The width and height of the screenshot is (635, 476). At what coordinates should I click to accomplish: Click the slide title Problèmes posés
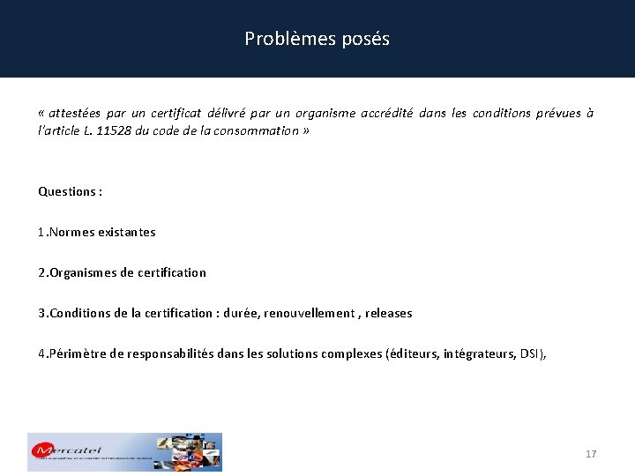[317, 39]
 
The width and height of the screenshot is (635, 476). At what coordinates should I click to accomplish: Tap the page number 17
[591, 454]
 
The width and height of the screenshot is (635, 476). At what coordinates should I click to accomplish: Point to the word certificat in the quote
[176, 113]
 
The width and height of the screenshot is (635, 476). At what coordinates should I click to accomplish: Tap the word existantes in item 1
[127, 233]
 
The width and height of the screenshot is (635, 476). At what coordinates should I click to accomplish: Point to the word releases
[388, 314]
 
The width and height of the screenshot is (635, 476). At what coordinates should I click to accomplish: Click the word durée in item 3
[240, 314]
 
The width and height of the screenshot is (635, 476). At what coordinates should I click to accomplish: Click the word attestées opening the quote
[74, 113]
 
